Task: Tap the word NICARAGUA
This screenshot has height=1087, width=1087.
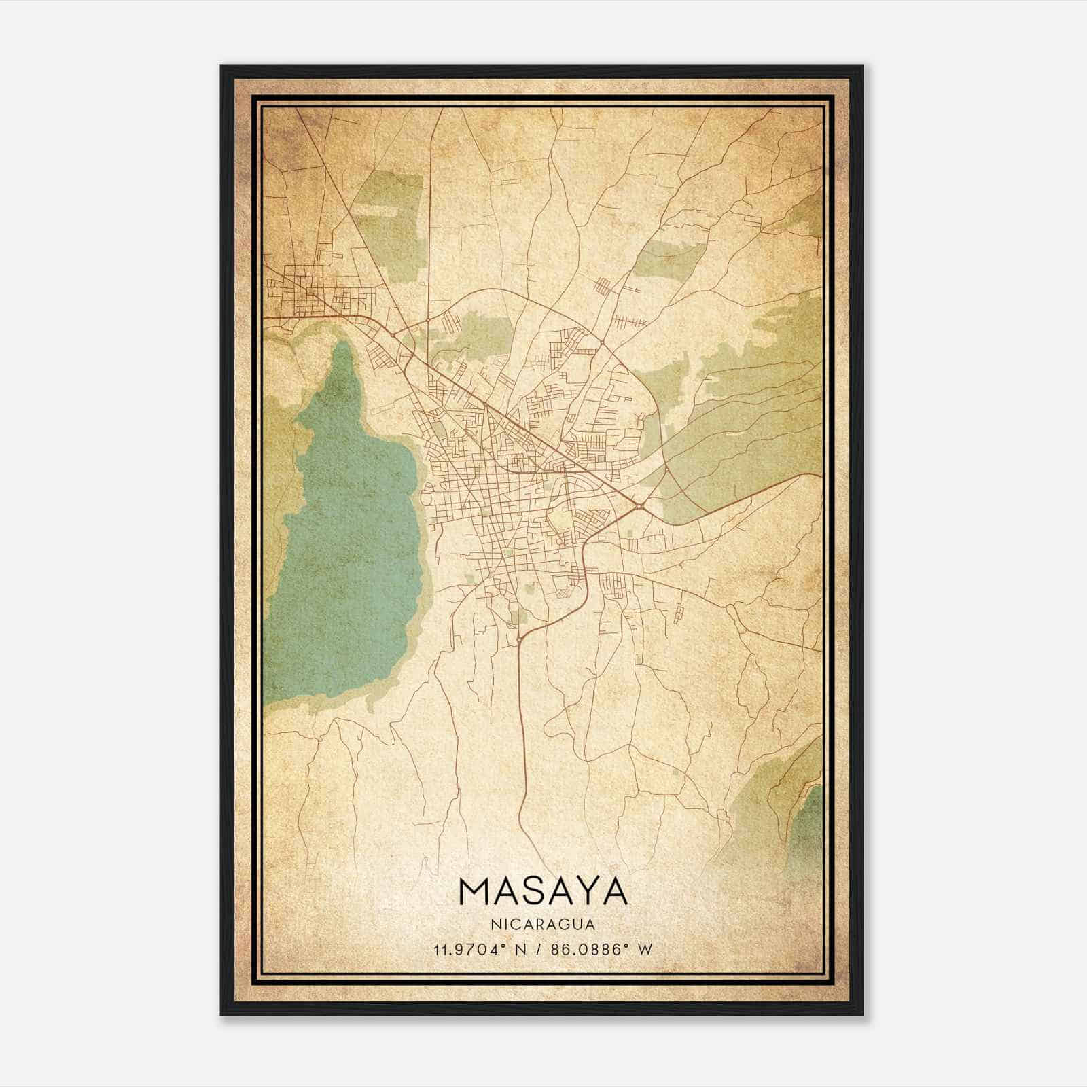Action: (543, 924)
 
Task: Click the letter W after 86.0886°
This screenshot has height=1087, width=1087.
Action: (645, 949)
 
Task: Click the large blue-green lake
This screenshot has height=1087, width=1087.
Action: (346, 543)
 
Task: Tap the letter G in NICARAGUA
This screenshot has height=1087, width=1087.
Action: (560, 924)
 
